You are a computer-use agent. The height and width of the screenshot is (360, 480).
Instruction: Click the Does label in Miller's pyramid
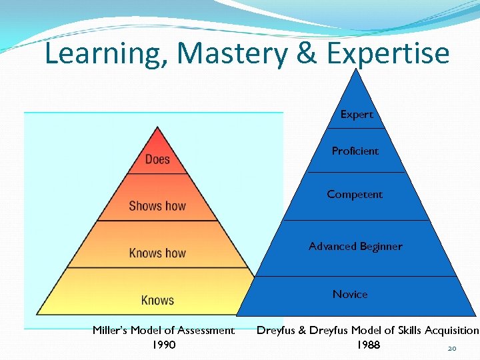tap(157, 159)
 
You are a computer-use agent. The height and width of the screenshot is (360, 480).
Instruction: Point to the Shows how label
tap(157, 206)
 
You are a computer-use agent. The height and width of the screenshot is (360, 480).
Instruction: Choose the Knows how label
tap(157, 253)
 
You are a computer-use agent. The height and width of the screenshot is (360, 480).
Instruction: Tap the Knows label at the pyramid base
tap(157, 300)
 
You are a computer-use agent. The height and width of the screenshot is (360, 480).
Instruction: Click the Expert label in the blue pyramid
tap(357, 115)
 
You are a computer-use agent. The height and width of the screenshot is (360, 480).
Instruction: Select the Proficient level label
tap(355, 151)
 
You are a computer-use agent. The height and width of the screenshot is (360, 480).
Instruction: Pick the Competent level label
tap(355, 195)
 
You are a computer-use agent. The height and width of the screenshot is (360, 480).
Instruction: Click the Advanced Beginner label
tap(355, 247)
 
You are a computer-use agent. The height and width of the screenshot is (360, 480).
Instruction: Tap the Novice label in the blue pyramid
tap(350, 294)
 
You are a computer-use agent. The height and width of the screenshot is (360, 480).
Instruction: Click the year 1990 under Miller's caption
tap(163, 345)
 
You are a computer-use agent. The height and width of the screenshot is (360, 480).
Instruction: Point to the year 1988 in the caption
tap(367, 345)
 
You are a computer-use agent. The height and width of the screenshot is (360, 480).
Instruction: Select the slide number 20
tap(452, 348)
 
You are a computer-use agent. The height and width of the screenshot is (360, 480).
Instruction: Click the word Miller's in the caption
tap(112, 330)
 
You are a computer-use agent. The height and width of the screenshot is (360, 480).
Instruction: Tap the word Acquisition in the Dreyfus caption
tap(450, 330)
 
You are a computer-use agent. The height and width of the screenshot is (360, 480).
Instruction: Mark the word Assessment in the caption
tap(208, 330)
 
